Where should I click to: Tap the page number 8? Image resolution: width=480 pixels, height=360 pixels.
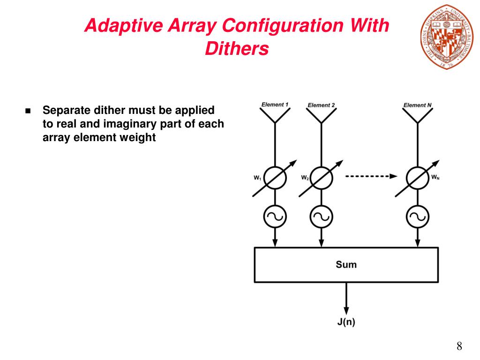pos(459,346)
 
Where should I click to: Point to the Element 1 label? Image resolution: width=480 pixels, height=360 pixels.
pos(275,105)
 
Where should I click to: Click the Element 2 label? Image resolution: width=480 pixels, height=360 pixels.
pos(321,105)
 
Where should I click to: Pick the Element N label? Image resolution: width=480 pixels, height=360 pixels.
pos(417,105)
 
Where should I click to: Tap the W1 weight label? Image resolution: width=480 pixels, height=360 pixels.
pos(257,178)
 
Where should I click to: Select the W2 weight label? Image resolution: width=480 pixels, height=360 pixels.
pos(305,178)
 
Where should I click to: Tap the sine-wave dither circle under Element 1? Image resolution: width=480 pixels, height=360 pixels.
pos(275,216)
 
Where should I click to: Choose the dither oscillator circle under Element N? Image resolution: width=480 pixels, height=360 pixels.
pos(417,216)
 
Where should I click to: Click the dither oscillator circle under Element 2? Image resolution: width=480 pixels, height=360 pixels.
pos(321,216)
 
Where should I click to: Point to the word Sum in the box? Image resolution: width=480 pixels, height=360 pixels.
pos(346,264)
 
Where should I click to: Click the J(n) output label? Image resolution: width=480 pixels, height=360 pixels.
pos(346,322)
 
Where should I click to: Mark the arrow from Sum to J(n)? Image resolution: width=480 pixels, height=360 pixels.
pos(346,298)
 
